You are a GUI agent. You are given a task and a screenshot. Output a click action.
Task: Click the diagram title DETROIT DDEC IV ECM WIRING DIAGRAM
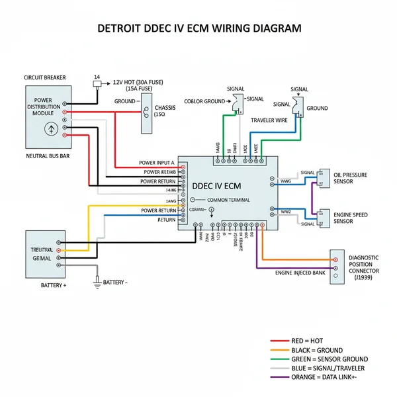click(x=198, y=29)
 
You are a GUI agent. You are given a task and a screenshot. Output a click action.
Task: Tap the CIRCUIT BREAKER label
click(x=45, y=77)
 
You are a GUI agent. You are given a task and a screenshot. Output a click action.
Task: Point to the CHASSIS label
click(x=165, y=107)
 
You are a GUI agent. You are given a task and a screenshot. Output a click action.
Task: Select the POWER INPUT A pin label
click(x=157, y=163)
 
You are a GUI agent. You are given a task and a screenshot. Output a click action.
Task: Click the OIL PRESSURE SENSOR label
click(x=351, y=179)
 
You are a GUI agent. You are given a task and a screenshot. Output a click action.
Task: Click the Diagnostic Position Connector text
click(x=363, y=267)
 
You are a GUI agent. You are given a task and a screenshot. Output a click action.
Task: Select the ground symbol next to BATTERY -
click(x=97, y=282)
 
